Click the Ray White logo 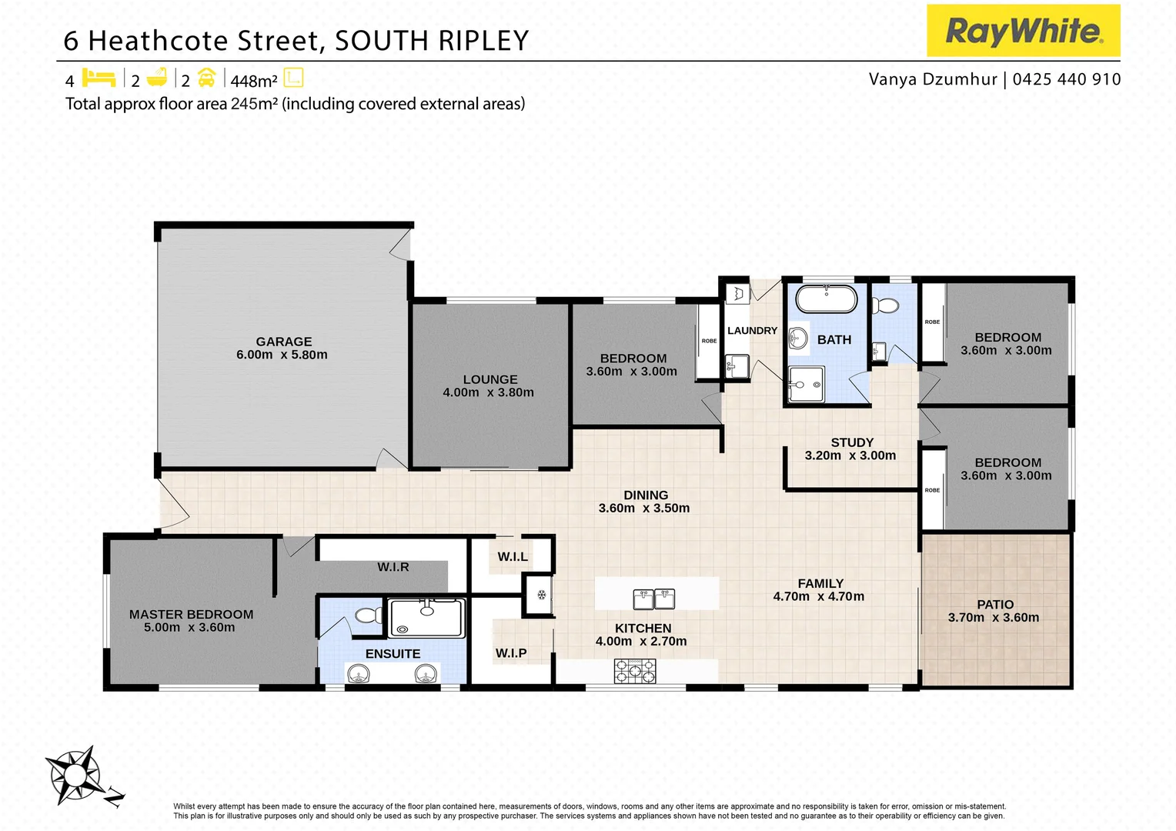tap(1023, 31)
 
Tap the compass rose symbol tap(75, 775)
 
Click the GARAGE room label tap(284, 342)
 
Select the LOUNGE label tap(490, 379)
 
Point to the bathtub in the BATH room tap(826, 298)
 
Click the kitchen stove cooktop tap(635, 671)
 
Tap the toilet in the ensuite tap(369, 615)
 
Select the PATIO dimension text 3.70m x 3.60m tap(994, 618)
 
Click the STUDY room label tap(852, 442)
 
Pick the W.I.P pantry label tap(511, 653)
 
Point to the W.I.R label tap(393, 567)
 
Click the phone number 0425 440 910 tap(1067, 79)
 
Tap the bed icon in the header tap(99, 78)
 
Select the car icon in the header tap(206, 78)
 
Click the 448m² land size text tap(254, 81)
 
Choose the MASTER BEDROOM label tap(191, 614)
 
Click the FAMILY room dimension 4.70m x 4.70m tap(819, 597)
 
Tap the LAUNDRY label tap(752, 331)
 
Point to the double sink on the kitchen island tap(653, 598)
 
